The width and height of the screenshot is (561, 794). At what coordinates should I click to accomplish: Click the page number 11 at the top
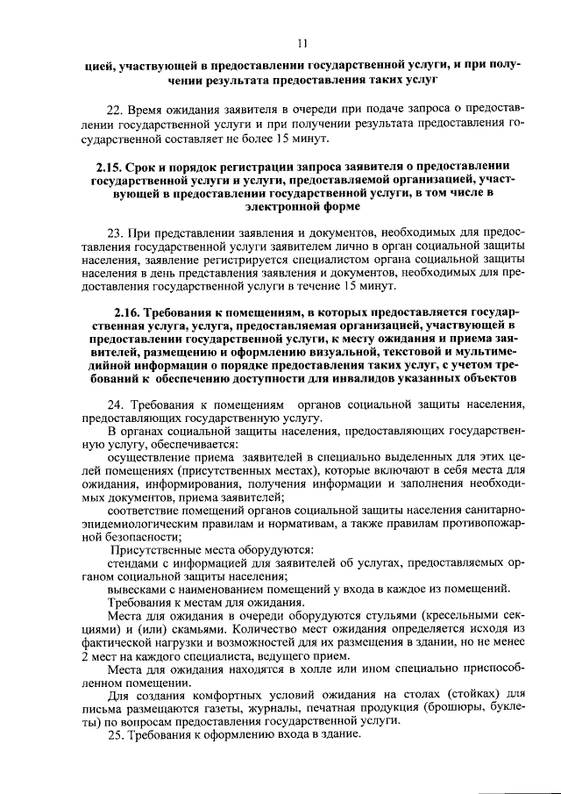(302, 44)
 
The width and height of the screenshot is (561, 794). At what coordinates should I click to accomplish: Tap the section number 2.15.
(108, 166)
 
